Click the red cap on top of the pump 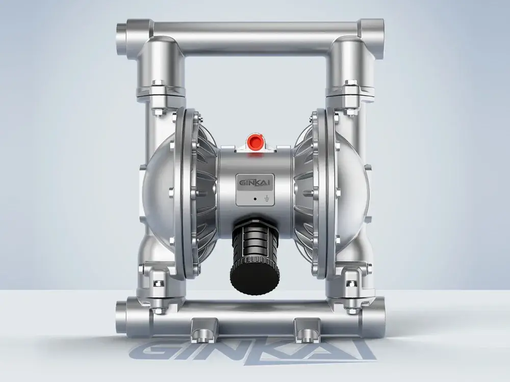click(254, 142)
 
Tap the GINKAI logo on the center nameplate click(254, 183)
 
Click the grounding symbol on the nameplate click(267, 198)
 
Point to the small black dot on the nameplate click(255, 198)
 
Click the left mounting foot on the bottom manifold click(205, 330)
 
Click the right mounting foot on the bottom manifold click(307, 330)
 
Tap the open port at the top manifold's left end click(120, 39)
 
